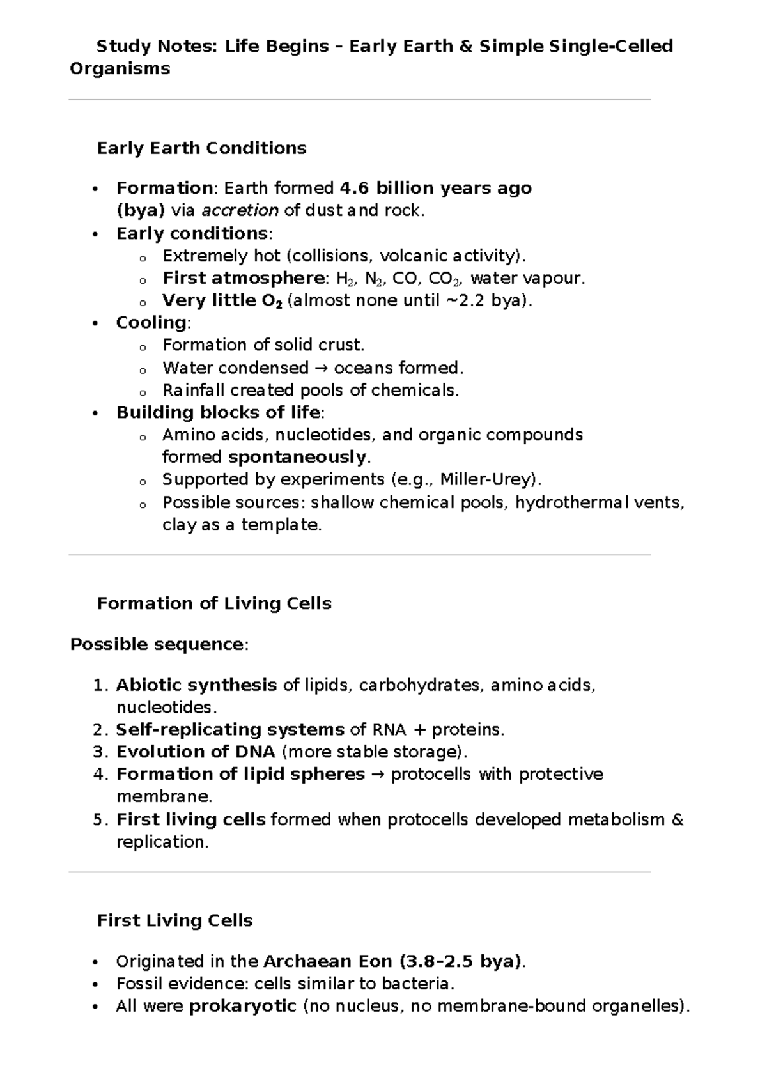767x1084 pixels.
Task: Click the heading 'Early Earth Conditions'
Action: pos(201,148)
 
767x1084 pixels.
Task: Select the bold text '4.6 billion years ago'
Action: pos(435,188)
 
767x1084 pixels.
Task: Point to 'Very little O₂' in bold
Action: pos(222,300)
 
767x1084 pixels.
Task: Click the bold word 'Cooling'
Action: pos(151,323)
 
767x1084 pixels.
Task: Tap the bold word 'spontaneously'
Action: pos(298,458)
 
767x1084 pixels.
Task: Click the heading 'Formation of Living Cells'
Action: pos(214,603)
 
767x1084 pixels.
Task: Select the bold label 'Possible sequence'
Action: pos(156,644)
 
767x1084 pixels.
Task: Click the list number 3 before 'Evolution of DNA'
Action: pos(98,752)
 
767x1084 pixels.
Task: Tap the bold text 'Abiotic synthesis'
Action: pos(196,685)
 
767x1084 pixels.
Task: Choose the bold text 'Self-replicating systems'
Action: pos(230,730)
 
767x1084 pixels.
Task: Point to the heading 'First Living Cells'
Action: pos(174,920)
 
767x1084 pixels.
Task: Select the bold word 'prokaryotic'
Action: pos(243,1006)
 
